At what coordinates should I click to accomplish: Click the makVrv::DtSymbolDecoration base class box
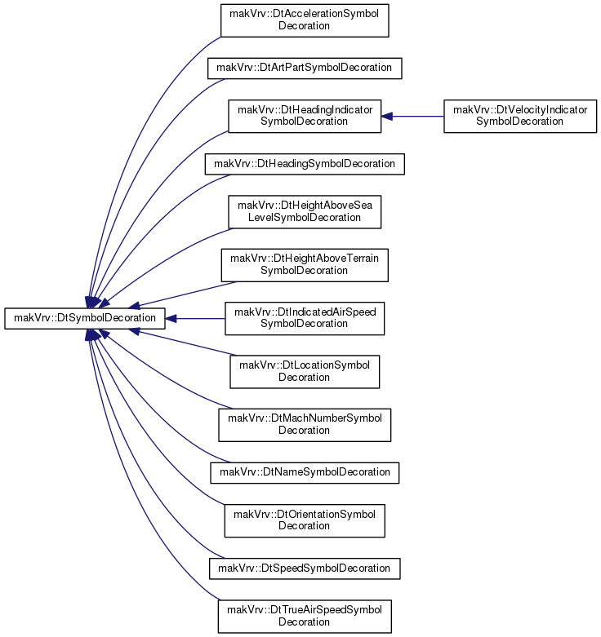click(x=85, y=318)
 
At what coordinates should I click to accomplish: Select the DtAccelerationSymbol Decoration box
click(x=305, y=20)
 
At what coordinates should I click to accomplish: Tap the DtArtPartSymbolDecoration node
click(x=305, y=69)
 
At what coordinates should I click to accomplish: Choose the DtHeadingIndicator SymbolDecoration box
click(x=305, y=116)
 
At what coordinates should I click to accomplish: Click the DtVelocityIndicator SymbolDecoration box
click(x=520, y=116)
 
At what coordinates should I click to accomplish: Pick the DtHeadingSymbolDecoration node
click(x=305, y=164)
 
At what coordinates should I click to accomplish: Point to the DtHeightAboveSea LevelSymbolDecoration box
click(x=305, y=212)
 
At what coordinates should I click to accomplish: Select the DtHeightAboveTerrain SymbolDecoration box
click(x=305, y=265)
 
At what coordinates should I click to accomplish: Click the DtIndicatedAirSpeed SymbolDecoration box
click(x=305, y=318)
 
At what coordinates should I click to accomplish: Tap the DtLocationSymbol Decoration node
click(x=305, y=372)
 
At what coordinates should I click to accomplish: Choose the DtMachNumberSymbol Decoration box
click(x=305, y=425)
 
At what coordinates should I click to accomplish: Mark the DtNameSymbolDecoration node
click(x=305, y=472)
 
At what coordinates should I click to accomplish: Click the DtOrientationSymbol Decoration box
click(x=305, y=520)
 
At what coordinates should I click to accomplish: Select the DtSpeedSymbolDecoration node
click(x=305, y=568)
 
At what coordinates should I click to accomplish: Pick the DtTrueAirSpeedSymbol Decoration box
click(x=305, y=617)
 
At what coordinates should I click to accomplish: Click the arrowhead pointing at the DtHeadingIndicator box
click(x=387, y=116)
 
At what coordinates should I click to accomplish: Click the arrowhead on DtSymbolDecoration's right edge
click(x=171, y=318)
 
